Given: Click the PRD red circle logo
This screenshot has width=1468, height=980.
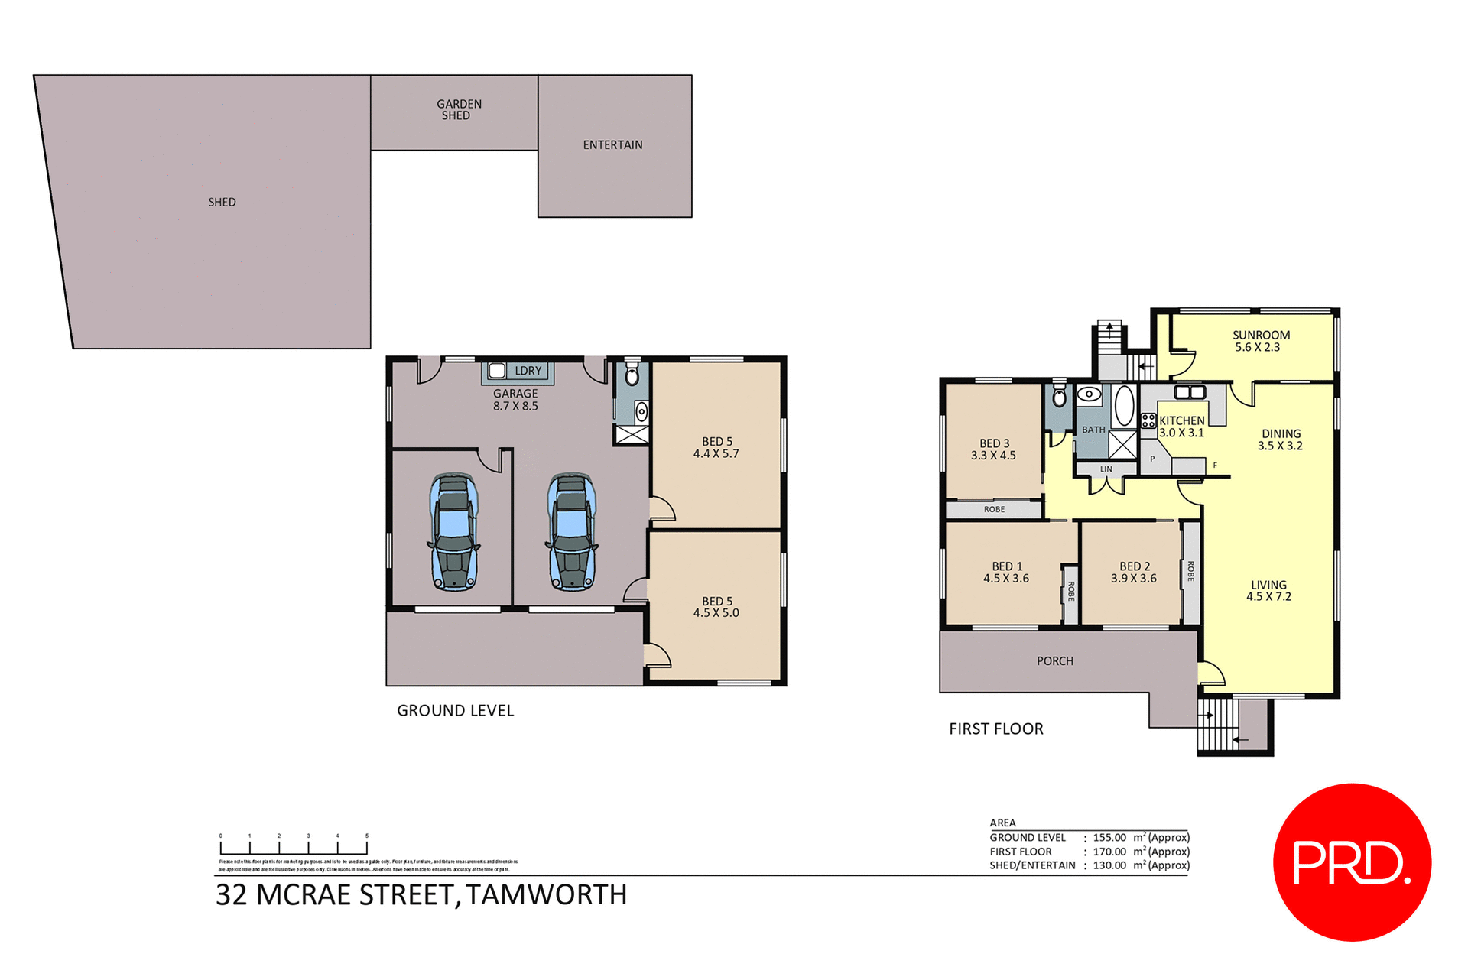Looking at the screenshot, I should pos(1351,862).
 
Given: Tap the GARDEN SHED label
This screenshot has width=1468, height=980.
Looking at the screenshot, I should pos(458,109).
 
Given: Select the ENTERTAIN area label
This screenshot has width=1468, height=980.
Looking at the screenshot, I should pos(612,144).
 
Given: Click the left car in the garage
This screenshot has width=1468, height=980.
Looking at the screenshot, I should pos(453,532).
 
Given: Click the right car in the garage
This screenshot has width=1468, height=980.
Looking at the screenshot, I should pos(571,532).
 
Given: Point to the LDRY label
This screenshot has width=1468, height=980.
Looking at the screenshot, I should pos(528,371).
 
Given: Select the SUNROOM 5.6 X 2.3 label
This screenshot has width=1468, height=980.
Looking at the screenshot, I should pos(1261,341).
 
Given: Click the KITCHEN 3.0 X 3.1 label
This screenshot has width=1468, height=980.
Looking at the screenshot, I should pos(1181,427).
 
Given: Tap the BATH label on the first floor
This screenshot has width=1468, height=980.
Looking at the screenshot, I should pos(1093,430).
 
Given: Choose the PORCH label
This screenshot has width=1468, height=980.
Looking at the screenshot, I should pos(1054,660).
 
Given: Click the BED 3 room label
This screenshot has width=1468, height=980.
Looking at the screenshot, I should pos(994,449).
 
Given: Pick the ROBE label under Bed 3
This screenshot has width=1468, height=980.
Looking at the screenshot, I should pos(994,509).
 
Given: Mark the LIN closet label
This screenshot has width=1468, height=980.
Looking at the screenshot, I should pos(1106,469).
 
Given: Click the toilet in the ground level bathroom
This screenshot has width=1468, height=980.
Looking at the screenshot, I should pos(632,375).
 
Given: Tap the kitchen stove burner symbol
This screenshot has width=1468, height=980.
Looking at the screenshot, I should pos(1148,420).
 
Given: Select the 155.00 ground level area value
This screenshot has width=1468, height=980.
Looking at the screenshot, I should pos(1109,838).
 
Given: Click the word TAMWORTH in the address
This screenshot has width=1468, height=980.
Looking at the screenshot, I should pos(546,894).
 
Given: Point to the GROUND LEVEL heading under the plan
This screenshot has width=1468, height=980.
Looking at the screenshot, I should pos(455,710).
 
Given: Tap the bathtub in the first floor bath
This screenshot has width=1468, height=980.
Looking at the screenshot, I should pos(1123,406).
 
